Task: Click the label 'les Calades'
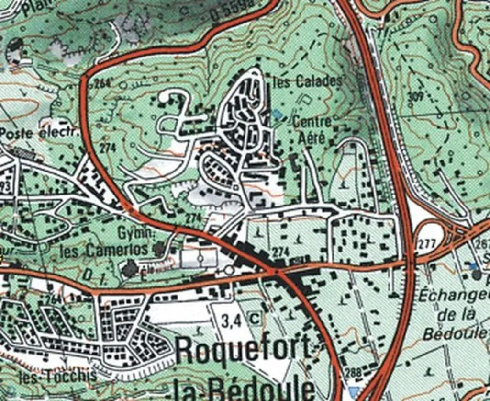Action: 308,81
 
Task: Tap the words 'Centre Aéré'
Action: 312,129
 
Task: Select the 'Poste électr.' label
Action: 39,133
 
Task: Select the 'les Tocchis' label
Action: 57,376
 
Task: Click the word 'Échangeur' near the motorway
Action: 455,295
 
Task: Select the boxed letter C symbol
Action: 255,318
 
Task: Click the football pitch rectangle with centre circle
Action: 200,259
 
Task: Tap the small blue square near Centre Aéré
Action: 277,114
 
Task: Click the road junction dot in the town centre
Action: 273,272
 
